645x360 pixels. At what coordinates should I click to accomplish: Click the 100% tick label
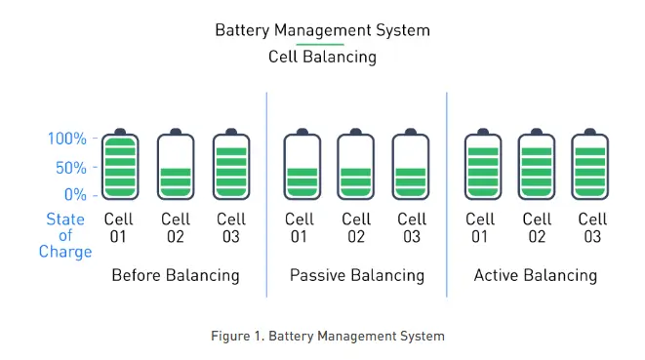tap(67, 139)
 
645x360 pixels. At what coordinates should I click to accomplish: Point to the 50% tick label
tap(71, 168)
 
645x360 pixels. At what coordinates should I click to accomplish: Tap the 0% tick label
tap(75, 194)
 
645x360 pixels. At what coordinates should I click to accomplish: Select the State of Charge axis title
tap(65, 235)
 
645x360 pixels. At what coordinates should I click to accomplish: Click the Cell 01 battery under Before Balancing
tap(120, 164)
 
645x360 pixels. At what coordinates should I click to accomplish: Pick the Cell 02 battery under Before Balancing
tap(176, 164)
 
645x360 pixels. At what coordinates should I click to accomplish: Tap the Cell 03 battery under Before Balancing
tap(231, 164)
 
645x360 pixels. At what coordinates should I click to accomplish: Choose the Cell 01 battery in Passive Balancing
tap(302, 164)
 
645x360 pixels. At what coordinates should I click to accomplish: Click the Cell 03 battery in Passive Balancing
tap(411, 164)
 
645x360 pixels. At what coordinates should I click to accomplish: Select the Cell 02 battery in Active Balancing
tap(537, 164)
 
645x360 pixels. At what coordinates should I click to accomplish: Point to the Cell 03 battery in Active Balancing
tap(590, 164)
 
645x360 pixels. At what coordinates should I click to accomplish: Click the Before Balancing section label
tap(176, 276)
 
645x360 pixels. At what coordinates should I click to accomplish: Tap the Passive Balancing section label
tap(357, 276)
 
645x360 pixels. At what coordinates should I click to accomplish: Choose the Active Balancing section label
tap(536, 276)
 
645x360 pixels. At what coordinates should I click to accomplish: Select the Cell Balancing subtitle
tap(322, 57)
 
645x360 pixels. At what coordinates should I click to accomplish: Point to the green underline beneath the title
tap(320, 44)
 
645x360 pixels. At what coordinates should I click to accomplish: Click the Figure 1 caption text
tap(328, 337)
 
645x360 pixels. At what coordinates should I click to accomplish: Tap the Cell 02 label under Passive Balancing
tap(356, 228)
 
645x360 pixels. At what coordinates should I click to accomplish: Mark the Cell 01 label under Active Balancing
tap(480, 228)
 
